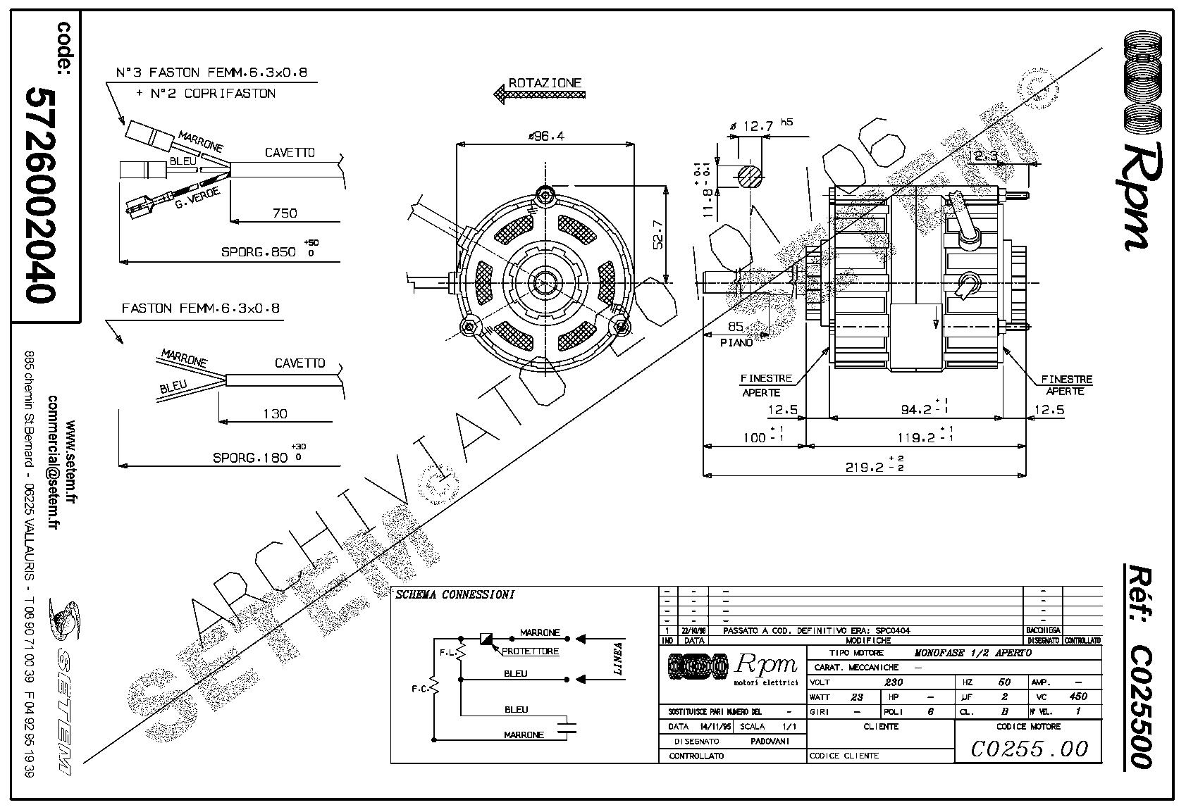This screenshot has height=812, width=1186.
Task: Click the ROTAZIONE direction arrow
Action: pos(539,93)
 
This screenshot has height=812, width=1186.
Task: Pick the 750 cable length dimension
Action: pos(285,213)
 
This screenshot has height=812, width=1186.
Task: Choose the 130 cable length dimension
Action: pos(275,413)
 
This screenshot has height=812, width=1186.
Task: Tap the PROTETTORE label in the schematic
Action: pos(530,651)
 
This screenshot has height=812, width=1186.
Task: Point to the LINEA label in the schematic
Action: pos(619,659)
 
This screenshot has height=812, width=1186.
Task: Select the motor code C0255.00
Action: pos(1030,748)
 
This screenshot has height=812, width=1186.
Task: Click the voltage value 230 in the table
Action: pos(894,682)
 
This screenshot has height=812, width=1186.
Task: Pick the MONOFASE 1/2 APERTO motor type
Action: pos(972,653)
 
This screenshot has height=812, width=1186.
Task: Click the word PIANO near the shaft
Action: pos(736,342)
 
